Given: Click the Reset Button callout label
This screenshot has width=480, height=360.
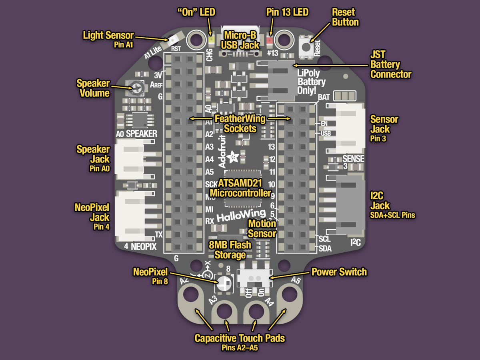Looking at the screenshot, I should coord(345,17).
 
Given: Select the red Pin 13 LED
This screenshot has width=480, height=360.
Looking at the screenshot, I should coord(270,40).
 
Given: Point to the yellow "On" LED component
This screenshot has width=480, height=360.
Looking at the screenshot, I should coord(211,40).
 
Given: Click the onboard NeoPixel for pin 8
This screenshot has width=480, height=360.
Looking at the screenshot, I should coord(224,284).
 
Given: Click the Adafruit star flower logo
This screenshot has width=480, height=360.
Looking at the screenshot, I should coord(232,156).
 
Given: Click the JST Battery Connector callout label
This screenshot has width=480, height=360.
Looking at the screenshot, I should coord(390,64).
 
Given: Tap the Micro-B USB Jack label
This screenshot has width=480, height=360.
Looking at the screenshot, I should coord(240,39).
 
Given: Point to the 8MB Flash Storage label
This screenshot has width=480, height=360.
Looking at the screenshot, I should coord(230,250).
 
